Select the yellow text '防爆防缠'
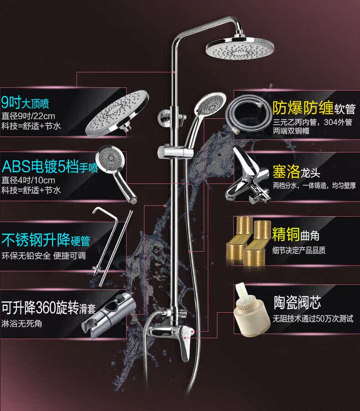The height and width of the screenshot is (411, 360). (302, 107)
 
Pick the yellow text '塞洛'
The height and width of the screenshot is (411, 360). (286, 172)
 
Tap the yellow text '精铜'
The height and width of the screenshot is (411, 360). (286, 234)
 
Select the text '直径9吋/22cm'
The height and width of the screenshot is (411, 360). (29, 115)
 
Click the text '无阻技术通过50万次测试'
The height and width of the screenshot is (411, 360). (313, 319)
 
